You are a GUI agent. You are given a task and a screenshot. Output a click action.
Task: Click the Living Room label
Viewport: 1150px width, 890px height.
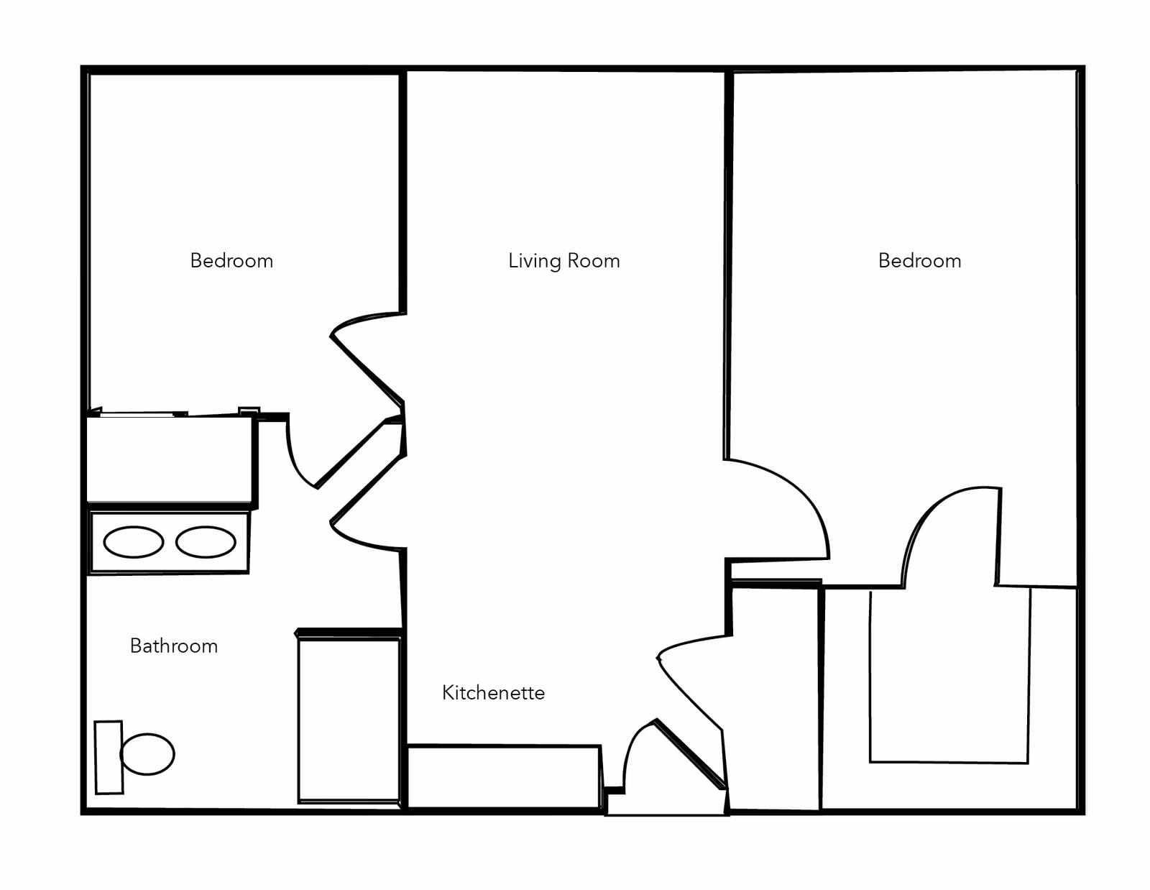pyautogui.click(x=563, y=261)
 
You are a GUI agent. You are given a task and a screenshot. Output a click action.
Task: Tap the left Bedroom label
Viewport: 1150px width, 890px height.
pyautogui.click(x=231, y=261)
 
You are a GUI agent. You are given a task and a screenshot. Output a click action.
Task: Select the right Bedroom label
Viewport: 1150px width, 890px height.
pyautogui.click(x=919, y=261)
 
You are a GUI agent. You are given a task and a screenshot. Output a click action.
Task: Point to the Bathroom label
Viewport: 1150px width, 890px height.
pyautogui.click(x=173, y=646)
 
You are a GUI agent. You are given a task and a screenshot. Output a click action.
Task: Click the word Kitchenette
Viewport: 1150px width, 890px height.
pyautogui.click(x=493, y=693)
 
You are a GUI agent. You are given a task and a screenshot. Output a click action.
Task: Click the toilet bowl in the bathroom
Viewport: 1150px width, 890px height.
pyautogui.click(x=147, y=754)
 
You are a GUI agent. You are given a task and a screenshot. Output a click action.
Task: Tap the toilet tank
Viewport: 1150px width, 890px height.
pyautogui.click(x=109, y=758)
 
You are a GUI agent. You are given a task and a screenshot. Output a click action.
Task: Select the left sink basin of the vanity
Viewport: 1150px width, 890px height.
pyautogui.click(x=134, y=542)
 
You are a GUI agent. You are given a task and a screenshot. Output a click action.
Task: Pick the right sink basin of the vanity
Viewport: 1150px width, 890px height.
pyautogui.click(x=206, y=542)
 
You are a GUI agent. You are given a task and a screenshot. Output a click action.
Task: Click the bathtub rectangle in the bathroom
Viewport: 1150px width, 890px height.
pyautogui.click(x=349, y=720)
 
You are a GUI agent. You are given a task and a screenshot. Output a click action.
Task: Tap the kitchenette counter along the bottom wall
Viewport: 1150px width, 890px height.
pyautogui.click(x=503, y=776)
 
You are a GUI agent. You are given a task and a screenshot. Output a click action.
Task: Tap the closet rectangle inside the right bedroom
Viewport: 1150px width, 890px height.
pyautogui.click(x=949, y=676)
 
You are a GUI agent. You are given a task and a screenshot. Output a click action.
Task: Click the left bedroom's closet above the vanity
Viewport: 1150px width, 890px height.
pyautogui.click(x=170, y=460)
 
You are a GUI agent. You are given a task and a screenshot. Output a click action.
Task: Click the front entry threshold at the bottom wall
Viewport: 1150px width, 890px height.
pyautogui.click(x=667, y=804)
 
